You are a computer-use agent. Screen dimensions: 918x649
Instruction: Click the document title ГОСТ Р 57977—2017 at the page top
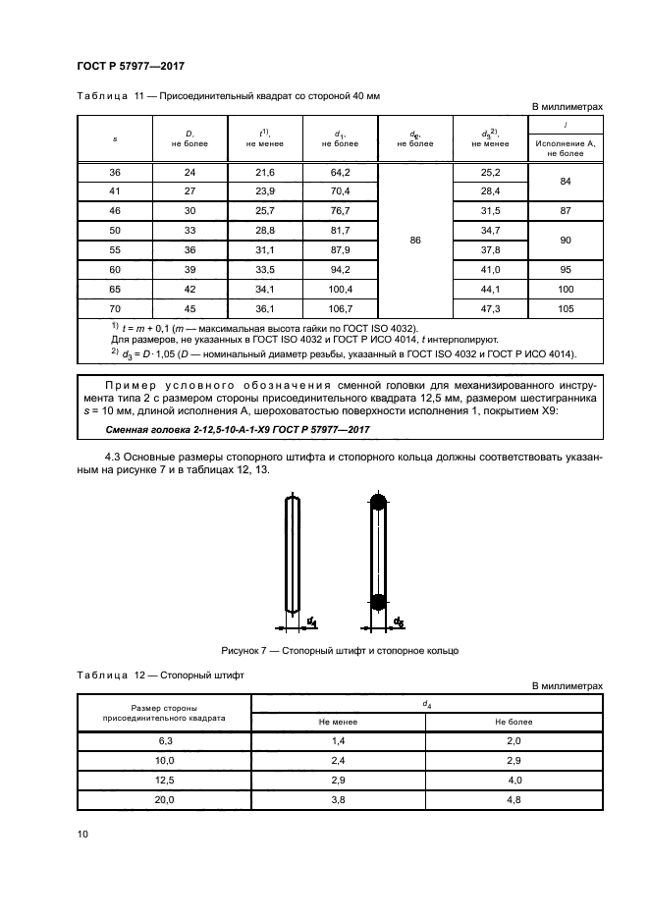point(131,66)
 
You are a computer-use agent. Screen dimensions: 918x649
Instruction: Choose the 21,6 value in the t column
point(265,173)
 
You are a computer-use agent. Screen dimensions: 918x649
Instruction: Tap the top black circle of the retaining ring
point(377,503)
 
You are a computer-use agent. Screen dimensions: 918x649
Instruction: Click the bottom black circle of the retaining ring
point(377,601)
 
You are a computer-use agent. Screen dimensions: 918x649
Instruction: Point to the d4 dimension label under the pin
point(311,621)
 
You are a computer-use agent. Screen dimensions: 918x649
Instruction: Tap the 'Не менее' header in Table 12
point(338,721)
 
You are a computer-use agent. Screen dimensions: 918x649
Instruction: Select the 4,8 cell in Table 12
point(513,800)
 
